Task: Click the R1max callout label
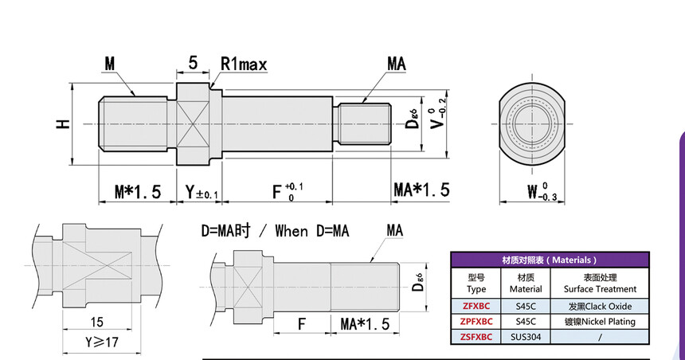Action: pos(248,63)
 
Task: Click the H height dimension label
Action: pos(62,123)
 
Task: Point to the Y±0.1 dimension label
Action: pos(202,191)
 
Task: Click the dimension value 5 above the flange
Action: pos(194,62)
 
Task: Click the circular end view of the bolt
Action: pos(530,124)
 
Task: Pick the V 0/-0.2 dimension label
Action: pos(434,120)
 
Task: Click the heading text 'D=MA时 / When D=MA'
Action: pos(275,231)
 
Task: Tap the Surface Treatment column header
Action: pos(599,283)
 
